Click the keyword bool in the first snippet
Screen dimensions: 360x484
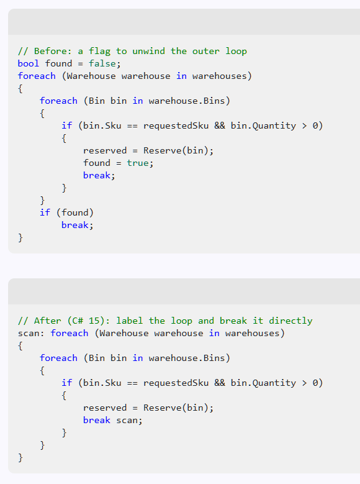click(29, 63)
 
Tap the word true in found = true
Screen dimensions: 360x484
click(138, 163)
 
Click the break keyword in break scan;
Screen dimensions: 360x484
click(97, 421)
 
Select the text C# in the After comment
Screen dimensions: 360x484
click(78, 321)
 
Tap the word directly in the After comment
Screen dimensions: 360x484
click(290, 321)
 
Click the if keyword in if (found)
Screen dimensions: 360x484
click(45, 212)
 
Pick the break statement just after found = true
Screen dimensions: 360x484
click(97, 175)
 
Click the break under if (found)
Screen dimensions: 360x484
click(75, 225)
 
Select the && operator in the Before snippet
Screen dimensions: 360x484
click(220, 126)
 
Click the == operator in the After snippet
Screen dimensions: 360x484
click(132, 383)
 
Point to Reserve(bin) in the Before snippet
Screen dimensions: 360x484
click(176, 150)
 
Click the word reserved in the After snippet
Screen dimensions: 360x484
click(105, 408)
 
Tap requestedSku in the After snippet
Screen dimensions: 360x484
click(176, 383)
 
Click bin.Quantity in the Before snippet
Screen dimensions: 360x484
click(263, 126)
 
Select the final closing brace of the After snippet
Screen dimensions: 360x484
click(20, 457)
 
